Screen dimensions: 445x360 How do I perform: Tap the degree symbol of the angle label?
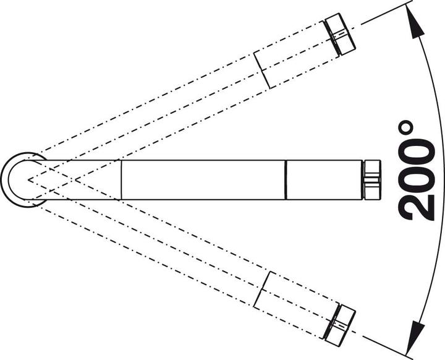[405, 127]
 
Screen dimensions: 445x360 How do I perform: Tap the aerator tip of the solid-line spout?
[371, 180]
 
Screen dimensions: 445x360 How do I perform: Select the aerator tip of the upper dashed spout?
[340, 34]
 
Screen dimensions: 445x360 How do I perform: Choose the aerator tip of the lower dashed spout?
[340, 325]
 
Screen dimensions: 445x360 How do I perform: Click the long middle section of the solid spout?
[203, 180]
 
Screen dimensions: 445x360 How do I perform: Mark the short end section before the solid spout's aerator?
[324, 180]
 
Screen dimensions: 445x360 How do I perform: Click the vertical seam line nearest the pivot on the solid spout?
[121, 180]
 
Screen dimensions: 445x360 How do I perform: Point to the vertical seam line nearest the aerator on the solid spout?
[286, 180]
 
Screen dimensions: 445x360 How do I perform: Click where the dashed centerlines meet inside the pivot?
[28, 179]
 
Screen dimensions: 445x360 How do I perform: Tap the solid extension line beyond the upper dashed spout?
[386, 14]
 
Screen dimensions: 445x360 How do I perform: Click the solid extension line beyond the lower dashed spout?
[386, 346]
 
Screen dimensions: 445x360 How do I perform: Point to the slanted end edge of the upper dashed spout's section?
[261, 70]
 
